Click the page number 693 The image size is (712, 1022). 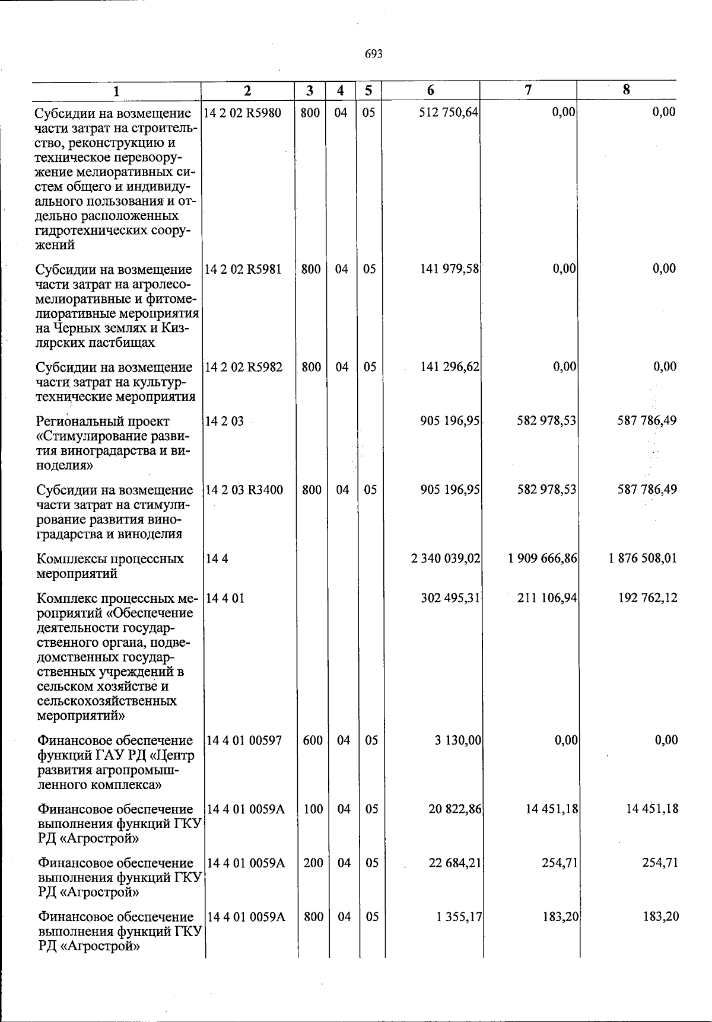coord(374,55)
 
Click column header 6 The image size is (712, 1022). coord(431,90)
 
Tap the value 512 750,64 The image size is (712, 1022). coord(449,112)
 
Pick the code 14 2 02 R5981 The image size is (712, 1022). coord(243,269)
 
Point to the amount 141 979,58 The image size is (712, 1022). coord(449,269)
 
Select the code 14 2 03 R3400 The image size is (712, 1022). coord(244,490)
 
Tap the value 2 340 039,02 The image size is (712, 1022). coord(446,558)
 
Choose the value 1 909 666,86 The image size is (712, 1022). coord(543,558)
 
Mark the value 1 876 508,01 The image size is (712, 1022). coord(643,558)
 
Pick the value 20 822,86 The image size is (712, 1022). coord(455,809)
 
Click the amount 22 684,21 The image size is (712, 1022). coord(455,863)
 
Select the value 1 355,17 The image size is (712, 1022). coord(459,917)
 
